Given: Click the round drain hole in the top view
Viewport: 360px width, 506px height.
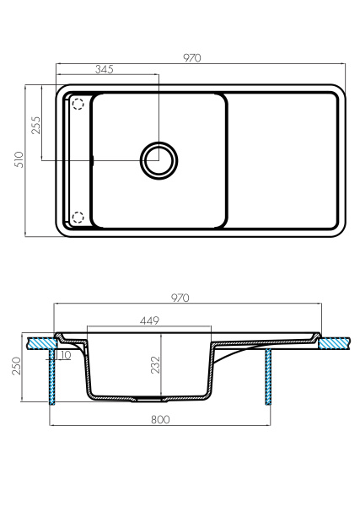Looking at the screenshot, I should pos(158,159).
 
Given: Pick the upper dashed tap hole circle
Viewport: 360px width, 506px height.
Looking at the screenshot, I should pos(78,105).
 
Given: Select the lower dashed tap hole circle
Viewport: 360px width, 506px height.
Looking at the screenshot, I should pos(78,218).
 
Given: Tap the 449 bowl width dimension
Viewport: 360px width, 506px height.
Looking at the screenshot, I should pos(149,321).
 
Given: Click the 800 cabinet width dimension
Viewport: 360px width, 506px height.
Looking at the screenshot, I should pos(161,419).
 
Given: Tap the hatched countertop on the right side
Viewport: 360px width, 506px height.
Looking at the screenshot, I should pos(336,343).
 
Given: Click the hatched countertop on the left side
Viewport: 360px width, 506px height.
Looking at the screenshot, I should pos(39,343).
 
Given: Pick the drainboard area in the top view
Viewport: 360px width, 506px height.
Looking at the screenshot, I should pos(283,160).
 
